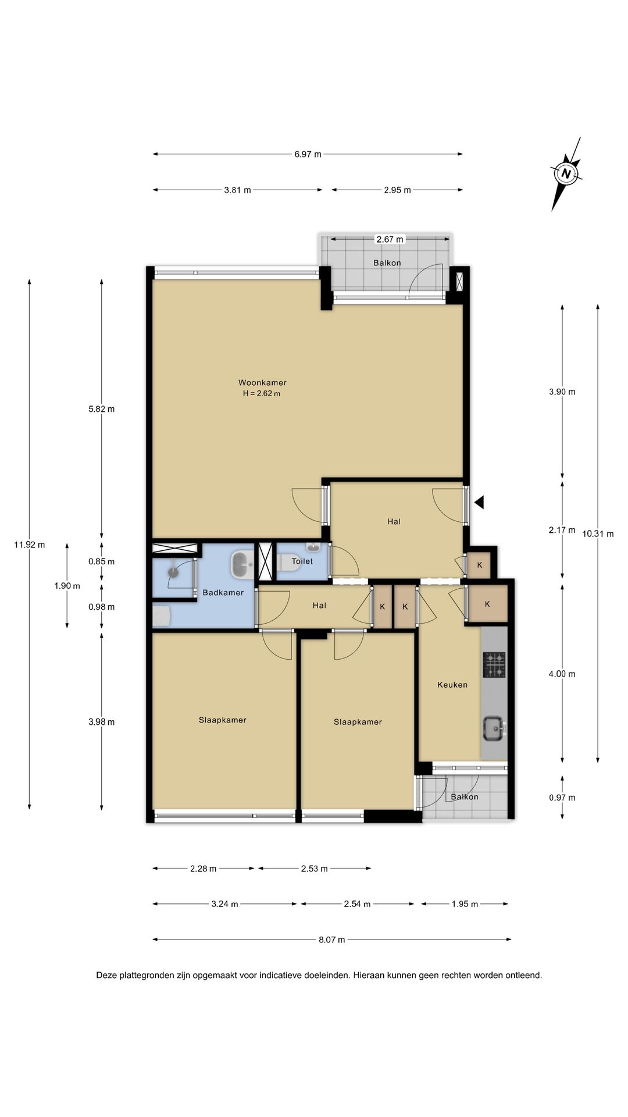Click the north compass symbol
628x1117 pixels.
point(566,173)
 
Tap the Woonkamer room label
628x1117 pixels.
point(262,383)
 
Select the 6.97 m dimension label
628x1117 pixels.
point(308,154)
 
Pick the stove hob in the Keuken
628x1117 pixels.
point(494,665)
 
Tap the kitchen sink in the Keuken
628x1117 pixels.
point(494,728)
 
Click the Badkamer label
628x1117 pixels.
point(223,593)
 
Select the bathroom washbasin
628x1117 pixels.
point(241,564)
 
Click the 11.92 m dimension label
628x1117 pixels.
point(29,545)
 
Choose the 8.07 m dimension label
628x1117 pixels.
point(331,940)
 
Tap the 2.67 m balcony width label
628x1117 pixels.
point(390,239)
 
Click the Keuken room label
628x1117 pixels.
point(452,685)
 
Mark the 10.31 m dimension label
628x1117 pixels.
point(598,533)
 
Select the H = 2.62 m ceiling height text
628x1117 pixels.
point(262,393)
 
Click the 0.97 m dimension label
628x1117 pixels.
point(562,798)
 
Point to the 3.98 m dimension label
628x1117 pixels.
point(101,722)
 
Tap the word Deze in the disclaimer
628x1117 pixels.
point(106,976)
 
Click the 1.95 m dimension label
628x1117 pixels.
point(465,904)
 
